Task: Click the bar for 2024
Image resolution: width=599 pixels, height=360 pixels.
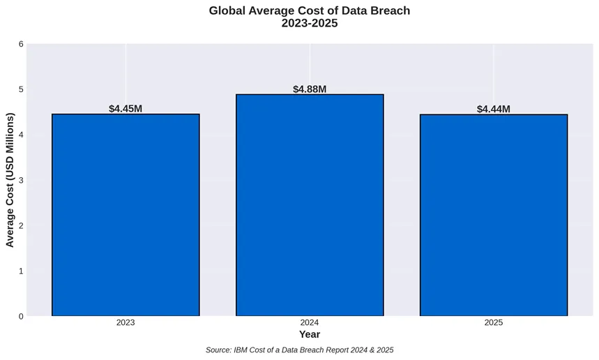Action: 310,205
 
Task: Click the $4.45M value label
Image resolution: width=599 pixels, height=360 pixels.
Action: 126,109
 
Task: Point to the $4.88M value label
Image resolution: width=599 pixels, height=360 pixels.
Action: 310,89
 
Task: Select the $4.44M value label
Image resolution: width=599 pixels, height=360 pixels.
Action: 494,109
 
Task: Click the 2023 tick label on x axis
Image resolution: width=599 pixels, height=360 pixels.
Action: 126,323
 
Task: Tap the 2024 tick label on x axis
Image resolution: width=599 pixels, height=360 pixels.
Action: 310,323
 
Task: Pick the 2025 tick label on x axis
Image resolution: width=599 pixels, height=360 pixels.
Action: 494,323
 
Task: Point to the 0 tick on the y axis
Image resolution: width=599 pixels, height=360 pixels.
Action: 21,316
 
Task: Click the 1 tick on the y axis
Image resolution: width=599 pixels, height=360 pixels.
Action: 21,271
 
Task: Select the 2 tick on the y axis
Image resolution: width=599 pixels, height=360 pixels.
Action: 21,225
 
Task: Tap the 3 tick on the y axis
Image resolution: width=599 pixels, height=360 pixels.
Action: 21,180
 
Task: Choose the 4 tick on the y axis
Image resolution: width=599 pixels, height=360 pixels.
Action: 21,135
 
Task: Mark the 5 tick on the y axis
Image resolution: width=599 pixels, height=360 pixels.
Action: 21,89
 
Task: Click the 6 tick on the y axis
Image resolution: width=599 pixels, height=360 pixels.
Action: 21,44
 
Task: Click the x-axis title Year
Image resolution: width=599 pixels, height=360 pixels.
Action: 310,335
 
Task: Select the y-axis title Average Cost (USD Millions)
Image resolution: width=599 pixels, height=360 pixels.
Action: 10,180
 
